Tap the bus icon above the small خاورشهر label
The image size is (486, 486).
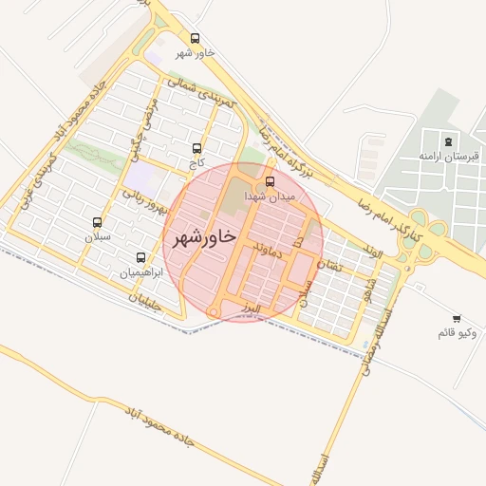[195, 39]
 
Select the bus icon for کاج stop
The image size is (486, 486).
[197, 148]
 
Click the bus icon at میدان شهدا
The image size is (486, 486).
[271, 181]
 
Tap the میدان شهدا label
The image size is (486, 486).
[271, 196]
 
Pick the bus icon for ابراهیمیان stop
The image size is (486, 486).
[141, 257]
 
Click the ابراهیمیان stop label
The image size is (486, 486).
[141, 272]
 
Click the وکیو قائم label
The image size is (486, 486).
[458, 333]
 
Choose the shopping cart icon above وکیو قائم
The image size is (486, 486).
[458, 318]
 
